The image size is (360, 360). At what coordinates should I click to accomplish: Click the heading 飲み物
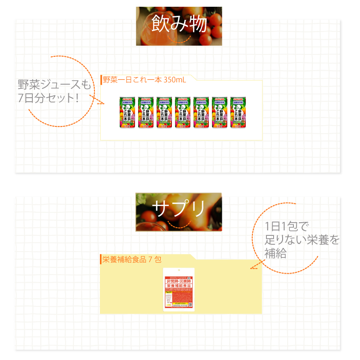[x=179, y=24]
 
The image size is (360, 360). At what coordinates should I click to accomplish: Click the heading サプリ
[x=179, y=208]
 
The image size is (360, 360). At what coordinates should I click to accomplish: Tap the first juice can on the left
[x=127, y=113]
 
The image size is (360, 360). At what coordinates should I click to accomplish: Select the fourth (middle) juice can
[x=182, y=113]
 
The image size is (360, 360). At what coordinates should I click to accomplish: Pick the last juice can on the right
[x=238, y=113]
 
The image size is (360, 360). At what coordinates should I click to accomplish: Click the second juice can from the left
[x=145, y=113]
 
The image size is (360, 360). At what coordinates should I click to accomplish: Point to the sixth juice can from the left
[x=219, y=113]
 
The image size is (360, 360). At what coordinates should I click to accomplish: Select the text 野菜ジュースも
[x=54, y=84]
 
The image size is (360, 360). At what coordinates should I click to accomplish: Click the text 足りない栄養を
[x=301, y=240]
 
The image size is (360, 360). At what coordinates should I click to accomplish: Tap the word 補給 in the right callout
[x=275, y=253]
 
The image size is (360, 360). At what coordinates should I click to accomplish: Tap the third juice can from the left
[x=164, y=113]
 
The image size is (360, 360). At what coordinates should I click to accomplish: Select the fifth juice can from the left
[x=201, y=113]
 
